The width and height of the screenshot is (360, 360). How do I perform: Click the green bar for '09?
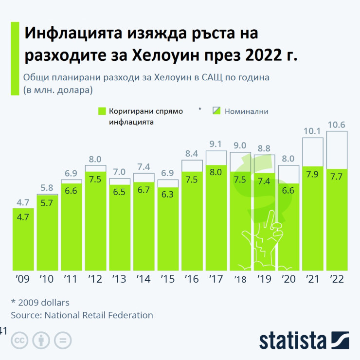click(24, 239)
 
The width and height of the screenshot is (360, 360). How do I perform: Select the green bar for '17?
click(216, 219)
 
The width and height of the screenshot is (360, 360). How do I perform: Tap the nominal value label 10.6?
click(336, 125)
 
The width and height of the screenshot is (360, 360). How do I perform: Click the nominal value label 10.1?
click(313, 131)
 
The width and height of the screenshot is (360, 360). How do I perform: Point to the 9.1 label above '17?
click(216, 144)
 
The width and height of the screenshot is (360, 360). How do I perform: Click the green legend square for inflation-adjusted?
click(102, 111)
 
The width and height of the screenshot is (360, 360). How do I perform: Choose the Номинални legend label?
click(246, 111)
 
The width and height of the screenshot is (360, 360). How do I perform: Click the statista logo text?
click(292, 341)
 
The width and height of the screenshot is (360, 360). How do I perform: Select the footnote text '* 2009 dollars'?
click(40, 302)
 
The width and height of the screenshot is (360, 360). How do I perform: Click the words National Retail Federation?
click(99, 315)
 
